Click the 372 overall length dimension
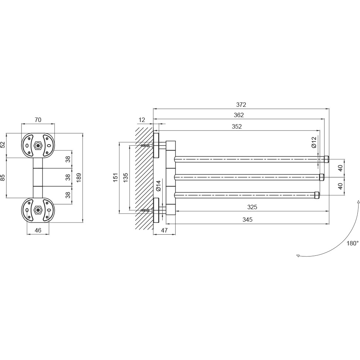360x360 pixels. [x=241, y=105]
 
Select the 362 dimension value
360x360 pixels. [x=239, y=115]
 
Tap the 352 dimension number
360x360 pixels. [x=237, y=126]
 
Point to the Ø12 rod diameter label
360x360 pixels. [x=314, y=142]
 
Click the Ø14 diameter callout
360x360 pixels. [x=159, y=186]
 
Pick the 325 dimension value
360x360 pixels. [x=252, y=207]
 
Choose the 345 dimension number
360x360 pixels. [x=247, y=220]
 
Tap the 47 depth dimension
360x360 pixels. [x=164, y=230]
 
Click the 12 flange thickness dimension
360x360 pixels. [x=142, y=120]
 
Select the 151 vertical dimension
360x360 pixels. [x=115, y=177]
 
